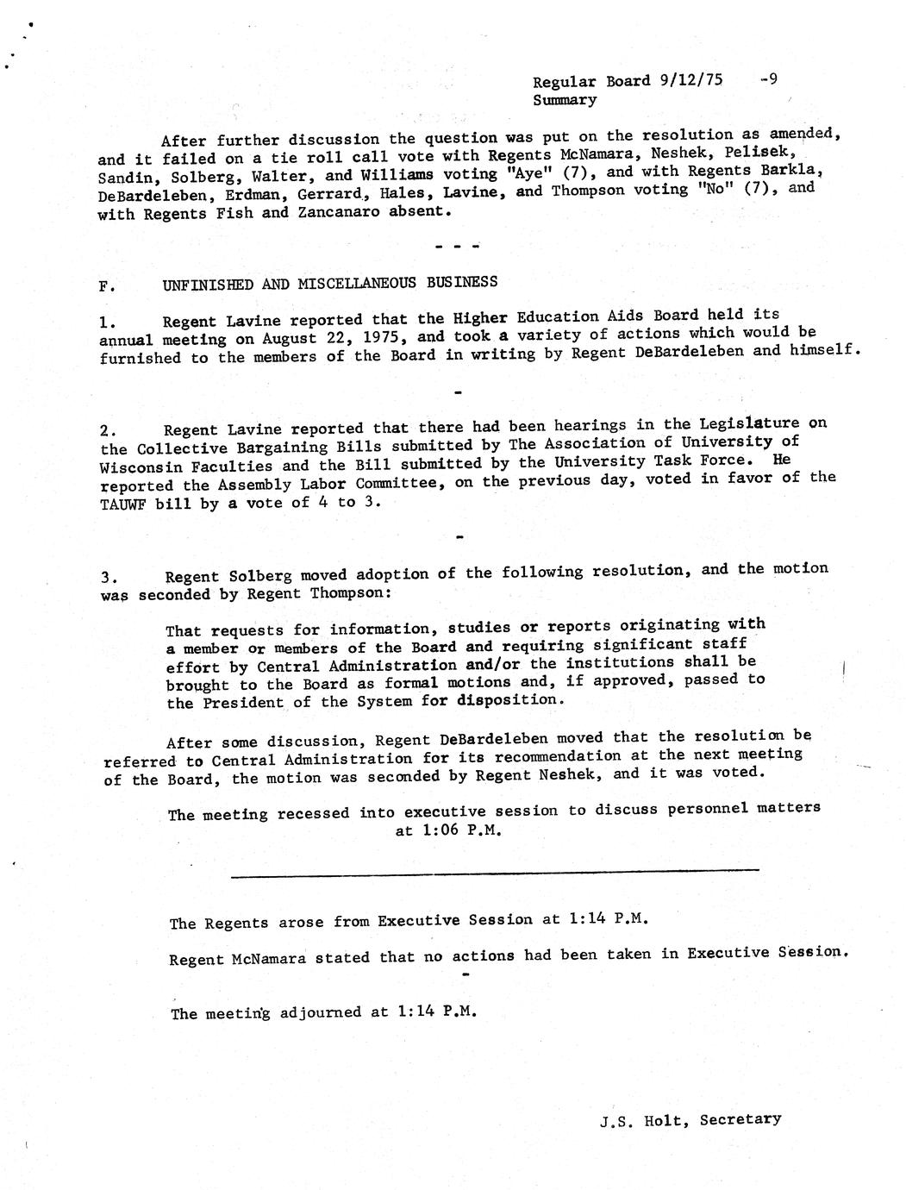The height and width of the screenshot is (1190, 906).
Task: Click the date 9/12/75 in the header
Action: coord(690,80)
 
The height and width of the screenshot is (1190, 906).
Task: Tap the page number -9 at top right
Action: coord(769,79)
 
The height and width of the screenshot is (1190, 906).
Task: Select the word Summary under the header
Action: coord(565,100)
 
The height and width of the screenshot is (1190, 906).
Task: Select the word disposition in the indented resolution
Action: coord(509,698)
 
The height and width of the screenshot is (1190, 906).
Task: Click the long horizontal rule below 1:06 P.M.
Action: coord(495,874)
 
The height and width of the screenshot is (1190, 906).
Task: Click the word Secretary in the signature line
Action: coord(740,1119)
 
